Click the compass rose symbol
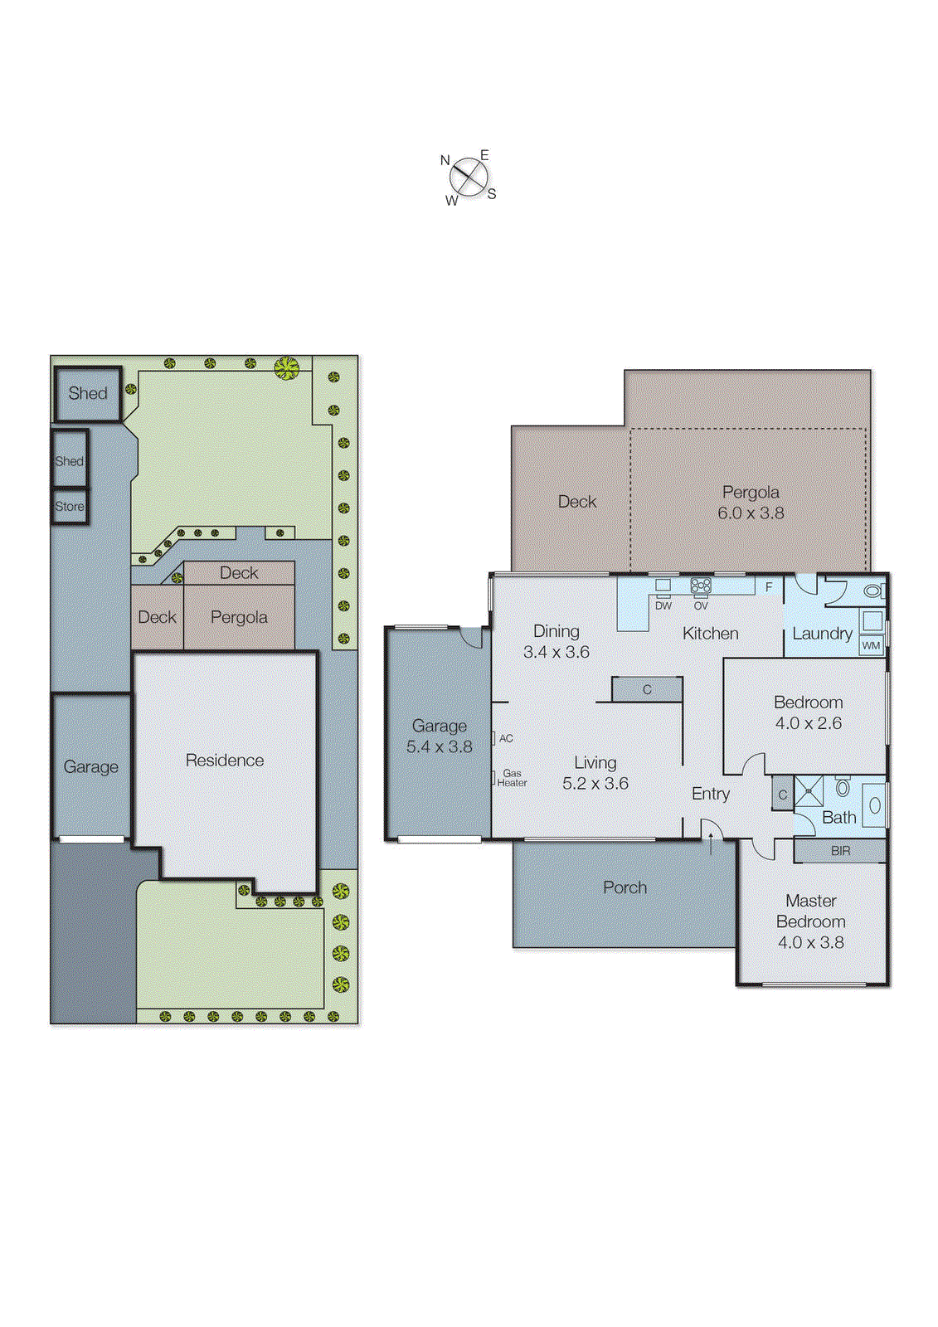click(469, 177)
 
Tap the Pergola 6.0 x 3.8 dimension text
click(751, 513)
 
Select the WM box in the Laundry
click(871, 645)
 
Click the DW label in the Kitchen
click(663, 606)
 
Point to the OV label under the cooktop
click(701, 606)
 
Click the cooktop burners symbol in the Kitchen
click(701, 586)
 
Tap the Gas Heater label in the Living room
click(512, 778)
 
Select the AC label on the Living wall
click(506, 738)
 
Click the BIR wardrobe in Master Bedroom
click(840, 851)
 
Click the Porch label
click(625, 887)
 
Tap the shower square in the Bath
click(809, 791)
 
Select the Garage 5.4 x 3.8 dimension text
click(439, 746)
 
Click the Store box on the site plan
click(70, 506)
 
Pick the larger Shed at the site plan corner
click(88, 393)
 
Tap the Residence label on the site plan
click(225, 761)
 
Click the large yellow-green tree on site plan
click(286, 367)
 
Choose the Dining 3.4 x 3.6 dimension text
click(556, 652)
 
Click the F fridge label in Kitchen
click(769, 587)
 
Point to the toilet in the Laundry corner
click(872, 591)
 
